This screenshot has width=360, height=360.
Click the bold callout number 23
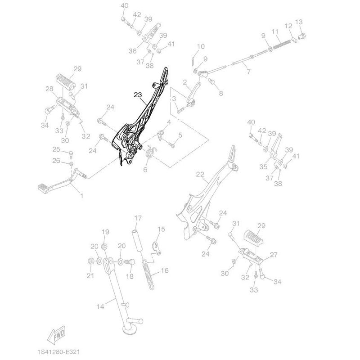coord(138,94)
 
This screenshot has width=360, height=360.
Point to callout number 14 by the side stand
coord(100,306)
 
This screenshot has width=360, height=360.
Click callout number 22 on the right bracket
coord(200,174)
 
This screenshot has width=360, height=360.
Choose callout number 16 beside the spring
coord(164,271)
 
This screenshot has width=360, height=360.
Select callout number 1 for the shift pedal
coord(81,196)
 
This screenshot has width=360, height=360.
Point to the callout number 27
coord(273,255)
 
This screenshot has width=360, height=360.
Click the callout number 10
coord(201,46)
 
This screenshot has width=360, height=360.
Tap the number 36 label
coord(132,51)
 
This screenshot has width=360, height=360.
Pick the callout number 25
coord(57,149)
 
